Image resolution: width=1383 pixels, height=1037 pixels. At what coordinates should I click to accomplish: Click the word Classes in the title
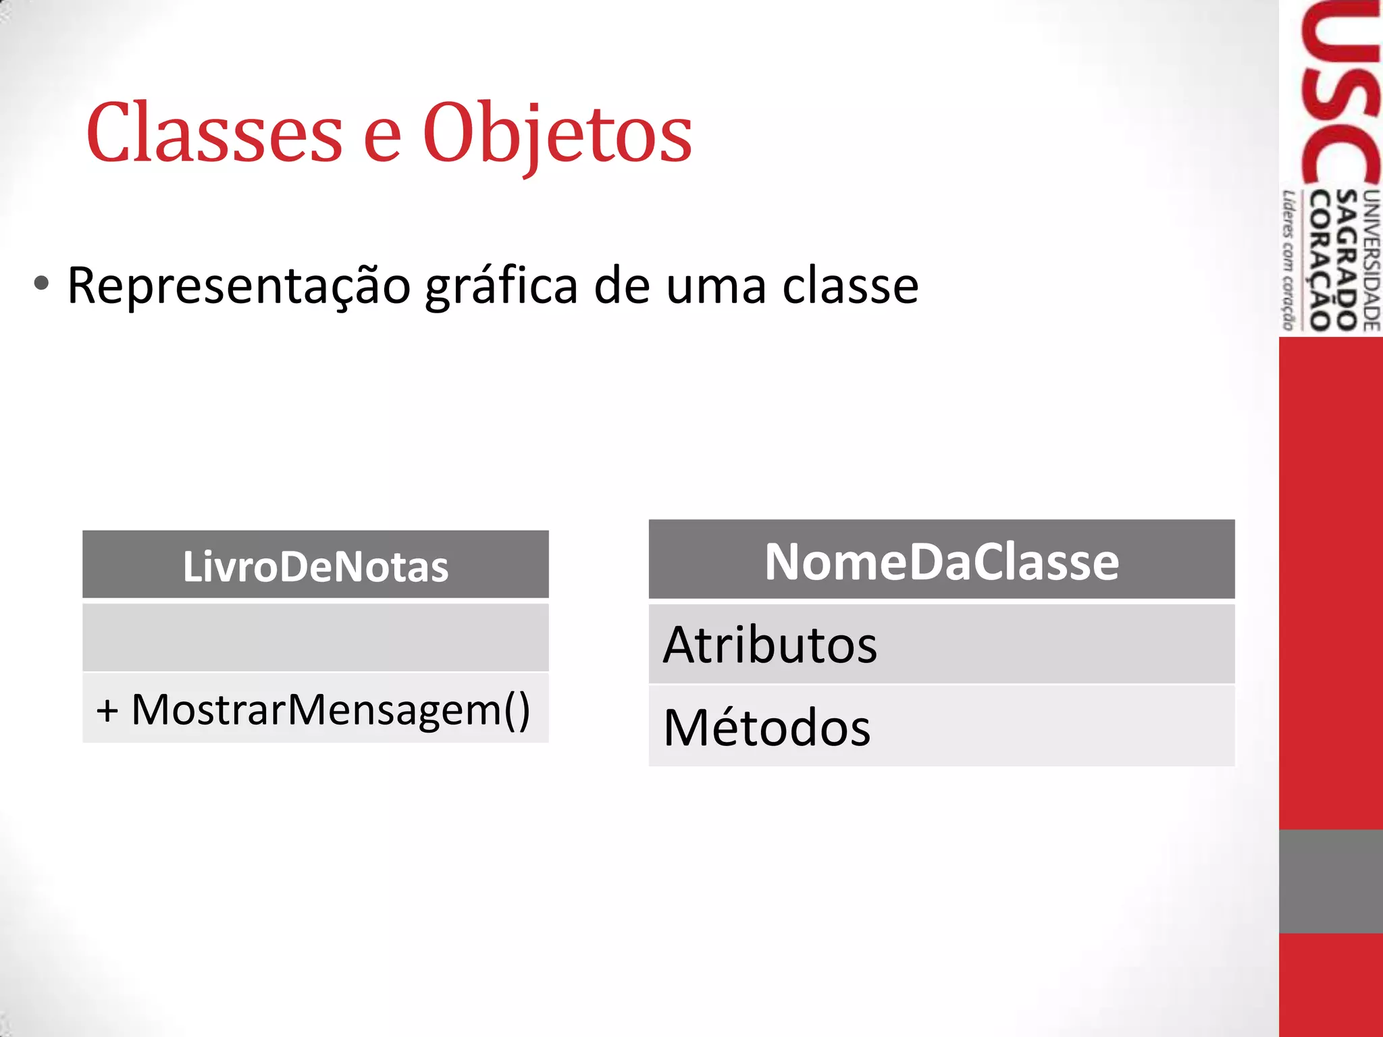215,133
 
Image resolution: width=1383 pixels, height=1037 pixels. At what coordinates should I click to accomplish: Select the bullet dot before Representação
41,284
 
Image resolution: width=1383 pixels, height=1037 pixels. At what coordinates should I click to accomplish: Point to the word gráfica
501,286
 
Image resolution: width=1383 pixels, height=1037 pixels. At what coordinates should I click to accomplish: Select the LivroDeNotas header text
315,566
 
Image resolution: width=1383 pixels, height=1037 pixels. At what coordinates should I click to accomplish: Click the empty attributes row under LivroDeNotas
315,637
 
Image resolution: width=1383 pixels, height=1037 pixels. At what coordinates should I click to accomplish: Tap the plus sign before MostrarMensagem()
107,711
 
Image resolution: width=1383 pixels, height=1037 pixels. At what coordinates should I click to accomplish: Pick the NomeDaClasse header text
941,562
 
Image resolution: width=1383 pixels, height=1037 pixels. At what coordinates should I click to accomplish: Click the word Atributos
770,645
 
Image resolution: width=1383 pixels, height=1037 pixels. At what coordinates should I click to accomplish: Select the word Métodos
767,728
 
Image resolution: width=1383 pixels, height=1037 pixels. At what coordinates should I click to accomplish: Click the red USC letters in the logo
1341,95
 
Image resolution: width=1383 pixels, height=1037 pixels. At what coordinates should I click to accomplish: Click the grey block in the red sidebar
1330,881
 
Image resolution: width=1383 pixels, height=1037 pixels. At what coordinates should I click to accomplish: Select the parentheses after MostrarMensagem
517,710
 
